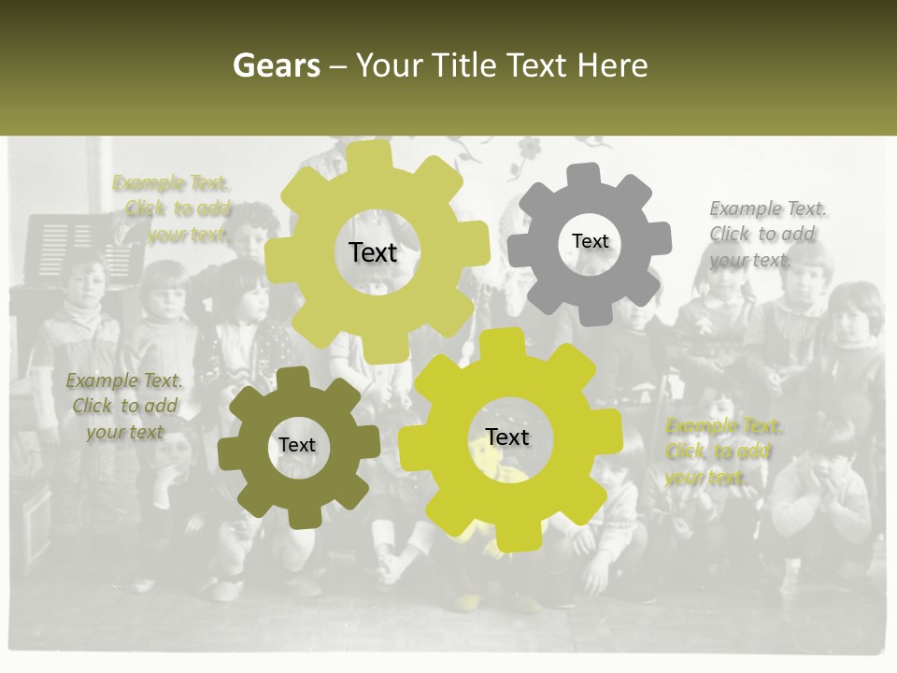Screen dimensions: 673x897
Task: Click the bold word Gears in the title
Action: tap(276, 65)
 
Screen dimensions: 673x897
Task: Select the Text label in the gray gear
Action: tap(590, 241)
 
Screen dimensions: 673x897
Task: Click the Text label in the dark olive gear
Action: tap(296, 446)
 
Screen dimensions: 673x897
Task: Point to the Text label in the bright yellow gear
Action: tap(507, 437)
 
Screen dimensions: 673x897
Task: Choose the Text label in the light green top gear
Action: tap(373, 252)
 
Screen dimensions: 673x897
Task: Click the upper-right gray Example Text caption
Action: tap(766, 234)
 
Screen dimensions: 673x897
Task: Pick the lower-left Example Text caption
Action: tap(124, 406)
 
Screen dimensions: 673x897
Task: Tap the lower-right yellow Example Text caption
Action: tap(721, 451)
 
